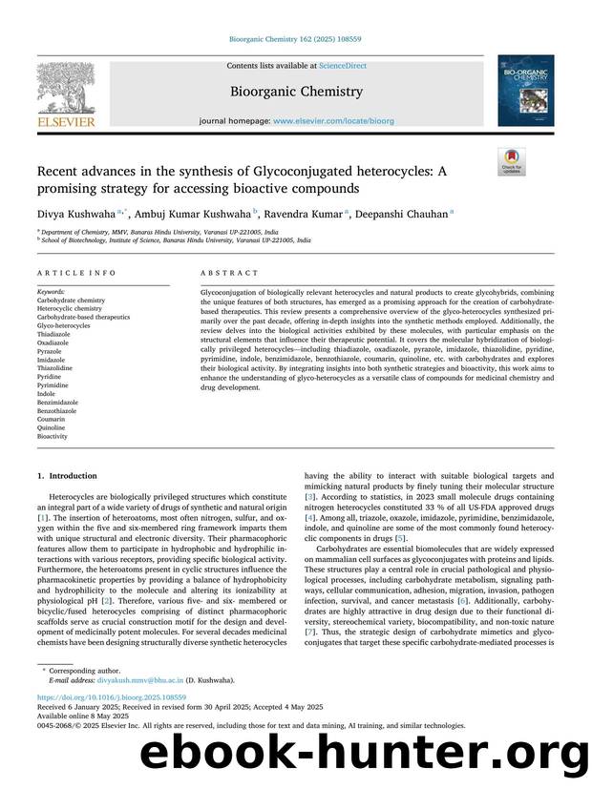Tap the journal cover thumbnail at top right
point(524,91)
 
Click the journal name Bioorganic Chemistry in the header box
point(295,93)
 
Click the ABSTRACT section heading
point(222,273)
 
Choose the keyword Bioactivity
point(53,436)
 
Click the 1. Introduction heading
point(66,473)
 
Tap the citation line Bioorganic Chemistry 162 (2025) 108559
point(295,39)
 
